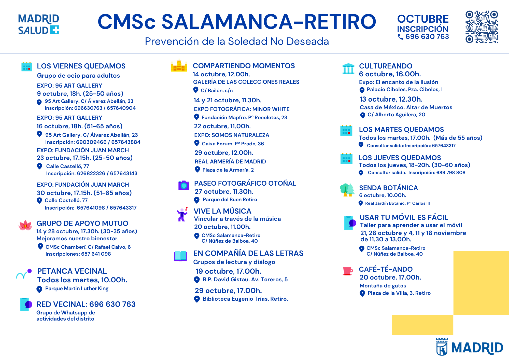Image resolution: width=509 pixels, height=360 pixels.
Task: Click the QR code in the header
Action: [x=482, y=27]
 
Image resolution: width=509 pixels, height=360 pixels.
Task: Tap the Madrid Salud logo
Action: [x=38, y=24]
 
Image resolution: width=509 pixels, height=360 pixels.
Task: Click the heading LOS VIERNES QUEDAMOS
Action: [x=81, y=66]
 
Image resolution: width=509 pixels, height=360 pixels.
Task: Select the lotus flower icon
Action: [x=25, y=225]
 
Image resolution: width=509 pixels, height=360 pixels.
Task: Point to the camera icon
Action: [x=184, y=185]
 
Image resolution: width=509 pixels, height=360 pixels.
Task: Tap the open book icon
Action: [x=180, y=256]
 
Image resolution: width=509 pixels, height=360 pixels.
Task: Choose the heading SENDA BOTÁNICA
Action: [x=388, y=188]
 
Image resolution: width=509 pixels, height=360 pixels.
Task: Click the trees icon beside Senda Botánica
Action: [x=347, y=190]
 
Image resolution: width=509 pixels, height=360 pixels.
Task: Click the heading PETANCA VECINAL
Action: [x=72, y=271]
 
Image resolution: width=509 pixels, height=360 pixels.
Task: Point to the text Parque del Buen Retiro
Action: [x=230, y=200]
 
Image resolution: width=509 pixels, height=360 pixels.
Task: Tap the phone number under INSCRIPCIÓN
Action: [x=427, y=37]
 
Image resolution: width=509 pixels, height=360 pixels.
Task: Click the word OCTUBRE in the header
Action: [x=423, y=19]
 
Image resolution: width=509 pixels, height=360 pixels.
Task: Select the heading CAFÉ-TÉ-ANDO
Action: [x=386, y=269]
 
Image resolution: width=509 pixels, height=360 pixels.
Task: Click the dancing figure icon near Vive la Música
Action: [x=182, y=214]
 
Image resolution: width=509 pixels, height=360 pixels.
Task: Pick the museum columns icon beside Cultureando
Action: [x=348, y=69]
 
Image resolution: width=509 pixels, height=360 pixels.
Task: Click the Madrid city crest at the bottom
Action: [x=442, y=347]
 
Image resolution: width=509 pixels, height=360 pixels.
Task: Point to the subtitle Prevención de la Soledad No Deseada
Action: [x=237, y=41]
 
